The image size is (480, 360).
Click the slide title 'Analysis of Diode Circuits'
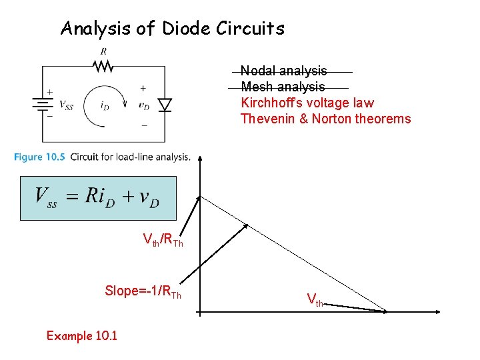coord(172,29)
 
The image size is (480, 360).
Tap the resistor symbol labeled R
coord(103,65)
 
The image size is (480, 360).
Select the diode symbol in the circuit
coord(164,105)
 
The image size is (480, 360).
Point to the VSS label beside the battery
coord(66,105)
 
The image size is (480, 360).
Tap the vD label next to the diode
coord(144,105)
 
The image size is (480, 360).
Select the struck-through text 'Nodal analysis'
coord(284,71)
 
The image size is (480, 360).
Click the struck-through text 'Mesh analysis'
coord(283,87)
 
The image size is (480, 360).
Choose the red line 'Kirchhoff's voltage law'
coord(307,103)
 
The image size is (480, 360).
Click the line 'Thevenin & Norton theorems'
coord(325,119)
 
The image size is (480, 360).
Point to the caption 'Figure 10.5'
coord(39,157)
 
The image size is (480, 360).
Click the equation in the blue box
coord(97,198)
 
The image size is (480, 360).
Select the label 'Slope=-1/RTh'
coord(143,291)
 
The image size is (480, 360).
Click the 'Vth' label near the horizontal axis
coord(315,300)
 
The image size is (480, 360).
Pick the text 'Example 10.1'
coord(82,335)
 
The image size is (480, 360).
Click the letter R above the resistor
coord(103,51)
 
